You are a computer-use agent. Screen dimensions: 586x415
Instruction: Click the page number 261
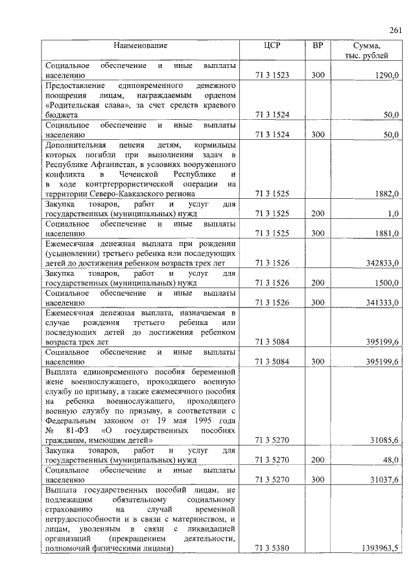tap(395, 30)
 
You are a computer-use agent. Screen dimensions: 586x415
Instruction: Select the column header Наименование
tap(141, 46)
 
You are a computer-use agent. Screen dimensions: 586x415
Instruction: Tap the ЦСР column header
tap(272, 46)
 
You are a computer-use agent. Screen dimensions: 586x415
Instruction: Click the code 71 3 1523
tap(272, 76)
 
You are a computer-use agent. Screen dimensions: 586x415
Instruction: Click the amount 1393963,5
tap(379, 548)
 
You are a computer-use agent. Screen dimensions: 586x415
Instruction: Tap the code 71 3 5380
tap(272, 548)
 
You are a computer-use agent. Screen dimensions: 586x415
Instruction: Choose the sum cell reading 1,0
tap(393, 213)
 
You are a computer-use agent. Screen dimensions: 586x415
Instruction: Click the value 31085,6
tap(384, 441)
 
